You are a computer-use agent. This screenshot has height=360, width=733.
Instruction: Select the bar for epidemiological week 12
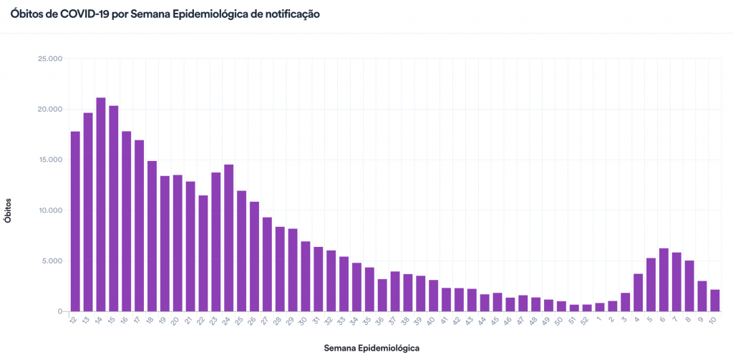75,221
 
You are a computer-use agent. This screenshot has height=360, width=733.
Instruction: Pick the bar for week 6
664,280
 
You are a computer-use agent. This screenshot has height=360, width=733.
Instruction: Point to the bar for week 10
714,301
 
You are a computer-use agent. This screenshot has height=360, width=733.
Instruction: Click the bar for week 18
152,236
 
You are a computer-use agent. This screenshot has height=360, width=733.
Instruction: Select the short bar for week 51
574,308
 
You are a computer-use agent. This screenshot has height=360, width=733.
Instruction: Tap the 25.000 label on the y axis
50,59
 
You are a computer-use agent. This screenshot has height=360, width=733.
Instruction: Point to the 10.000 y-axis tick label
50,210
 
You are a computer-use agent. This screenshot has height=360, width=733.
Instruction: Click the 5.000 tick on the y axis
52,261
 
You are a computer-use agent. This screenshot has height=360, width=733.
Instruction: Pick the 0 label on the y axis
60,311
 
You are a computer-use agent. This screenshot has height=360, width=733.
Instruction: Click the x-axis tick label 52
586,320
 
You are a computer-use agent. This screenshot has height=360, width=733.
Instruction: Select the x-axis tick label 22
202,320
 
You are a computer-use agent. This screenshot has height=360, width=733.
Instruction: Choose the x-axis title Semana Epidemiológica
372,348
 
